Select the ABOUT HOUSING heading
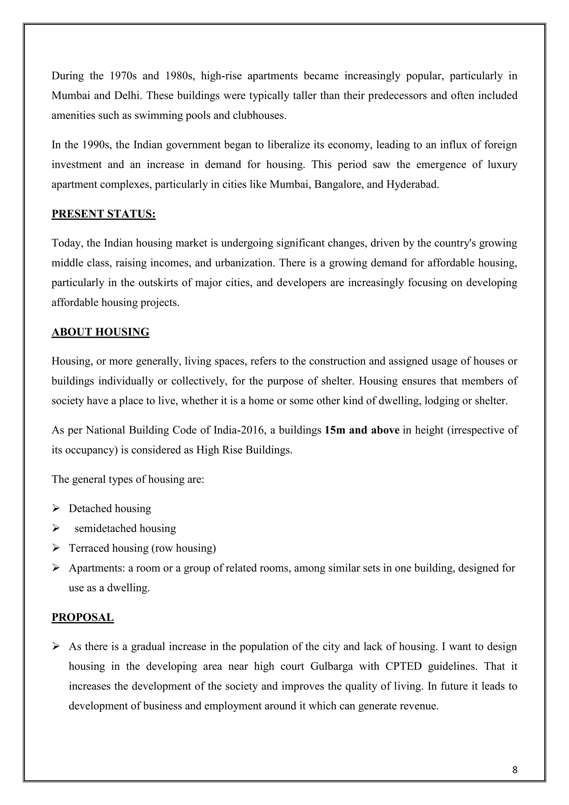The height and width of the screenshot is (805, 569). pos(100,332)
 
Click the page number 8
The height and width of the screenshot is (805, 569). pos(514,770)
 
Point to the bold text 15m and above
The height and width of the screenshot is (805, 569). pos(362,430)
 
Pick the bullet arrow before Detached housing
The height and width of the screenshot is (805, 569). pos(56,508)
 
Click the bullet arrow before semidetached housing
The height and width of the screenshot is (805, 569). pos(56,528)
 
